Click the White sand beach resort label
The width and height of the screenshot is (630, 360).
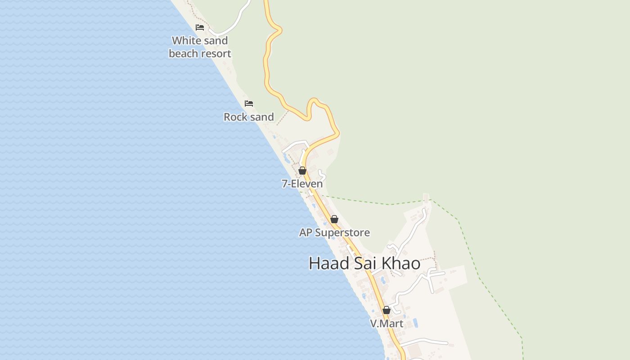tap(200, 47)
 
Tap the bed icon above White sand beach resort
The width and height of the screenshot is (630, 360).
tap(200, 27)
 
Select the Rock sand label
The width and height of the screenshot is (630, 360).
tap(249, 117)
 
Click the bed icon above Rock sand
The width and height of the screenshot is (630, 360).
tap(249, 103)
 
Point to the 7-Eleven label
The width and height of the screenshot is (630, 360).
tap(302, 184)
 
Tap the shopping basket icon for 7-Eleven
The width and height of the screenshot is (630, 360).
tap(302, 171)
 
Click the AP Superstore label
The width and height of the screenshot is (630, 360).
tap(334, 233)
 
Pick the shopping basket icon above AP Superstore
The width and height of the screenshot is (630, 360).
tap(334, 219)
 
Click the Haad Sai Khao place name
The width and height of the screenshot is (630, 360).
tap(364, 263)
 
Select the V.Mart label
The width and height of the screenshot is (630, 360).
tap(387, 324)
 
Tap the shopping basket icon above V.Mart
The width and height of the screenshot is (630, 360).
tap(387, 310)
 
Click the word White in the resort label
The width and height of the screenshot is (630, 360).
tap(186, 40)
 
